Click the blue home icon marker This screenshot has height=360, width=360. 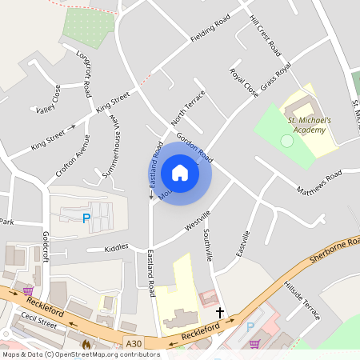point(180,173)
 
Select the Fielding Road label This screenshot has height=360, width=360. point(210,30)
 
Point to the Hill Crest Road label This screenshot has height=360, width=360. point(266,35)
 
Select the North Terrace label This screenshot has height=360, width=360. point(188,109)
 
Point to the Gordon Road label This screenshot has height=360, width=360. point(194,146)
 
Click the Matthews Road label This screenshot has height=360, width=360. point(318,182)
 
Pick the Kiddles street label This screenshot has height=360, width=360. point(116,249)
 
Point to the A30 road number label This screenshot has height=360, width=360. point(134,344)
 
